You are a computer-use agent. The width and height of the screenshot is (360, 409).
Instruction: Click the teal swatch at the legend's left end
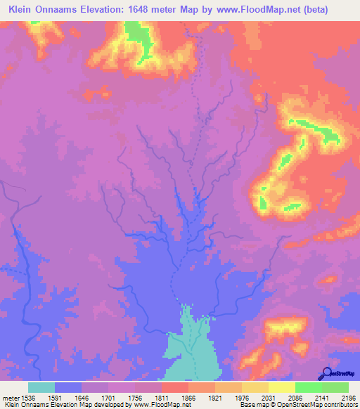tap(41, 387)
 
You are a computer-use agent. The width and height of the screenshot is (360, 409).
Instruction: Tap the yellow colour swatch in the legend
tap(282, 387)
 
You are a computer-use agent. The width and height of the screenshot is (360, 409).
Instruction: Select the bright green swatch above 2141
tap(309, 387)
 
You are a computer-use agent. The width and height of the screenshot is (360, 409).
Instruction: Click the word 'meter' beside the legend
tap(11, 398)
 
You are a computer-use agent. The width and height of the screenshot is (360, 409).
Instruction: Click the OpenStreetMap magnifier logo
tap(326, 372)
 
